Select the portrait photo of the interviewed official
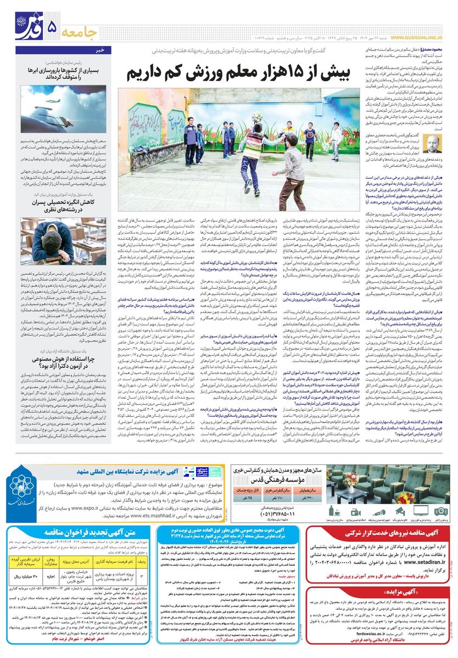(435, 145)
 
